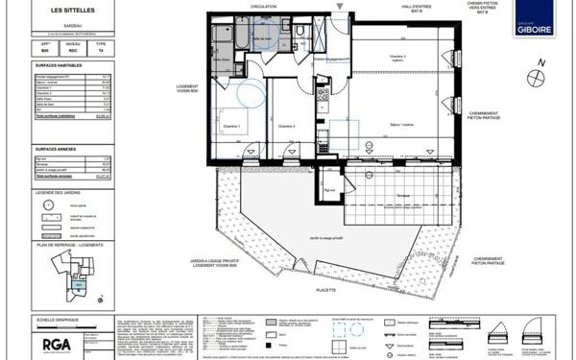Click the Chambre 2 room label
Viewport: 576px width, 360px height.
pos(286,126)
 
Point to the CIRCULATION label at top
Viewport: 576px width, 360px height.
pos(263,6)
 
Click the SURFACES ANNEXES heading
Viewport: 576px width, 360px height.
pos(57,149)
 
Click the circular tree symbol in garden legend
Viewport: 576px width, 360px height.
pos(46,204)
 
